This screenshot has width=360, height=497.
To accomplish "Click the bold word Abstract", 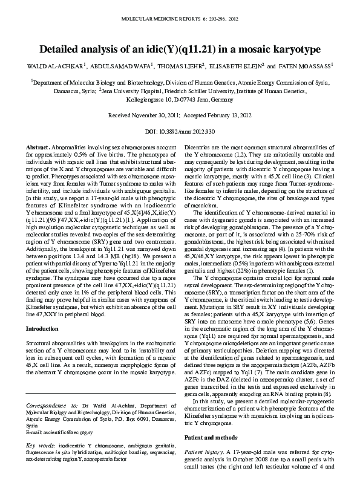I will (x=38, y=148).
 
